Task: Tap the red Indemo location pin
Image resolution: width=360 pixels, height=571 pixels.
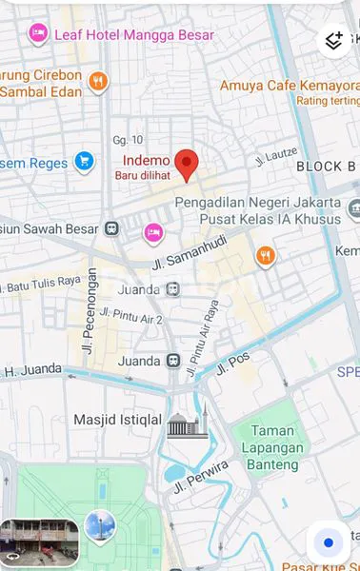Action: click(x=187, y=164)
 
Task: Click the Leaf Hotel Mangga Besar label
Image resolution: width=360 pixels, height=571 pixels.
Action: click(x=133, y=35)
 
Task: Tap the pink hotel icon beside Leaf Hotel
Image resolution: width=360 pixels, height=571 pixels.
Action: click(x=38, y=34)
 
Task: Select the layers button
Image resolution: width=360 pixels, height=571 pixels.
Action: click(x=334, y=40)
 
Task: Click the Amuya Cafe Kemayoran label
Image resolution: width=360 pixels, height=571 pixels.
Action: click(x=290, y=85)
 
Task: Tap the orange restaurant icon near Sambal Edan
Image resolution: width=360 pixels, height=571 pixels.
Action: click(x=97, y=83)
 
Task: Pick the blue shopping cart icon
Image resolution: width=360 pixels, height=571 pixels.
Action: click(x=85, y=162)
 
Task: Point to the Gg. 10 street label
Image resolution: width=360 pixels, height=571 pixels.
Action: click(x=127, y=139)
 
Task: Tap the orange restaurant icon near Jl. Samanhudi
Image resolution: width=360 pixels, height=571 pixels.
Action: click(x=266, y=255)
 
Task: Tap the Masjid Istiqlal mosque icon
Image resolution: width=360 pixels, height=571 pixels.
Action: click(x=188, y=423)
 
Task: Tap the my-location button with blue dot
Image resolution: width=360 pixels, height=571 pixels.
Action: click(x=329, y=542)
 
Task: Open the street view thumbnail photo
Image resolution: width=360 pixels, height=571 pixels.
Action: click(x=39, y=541)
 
